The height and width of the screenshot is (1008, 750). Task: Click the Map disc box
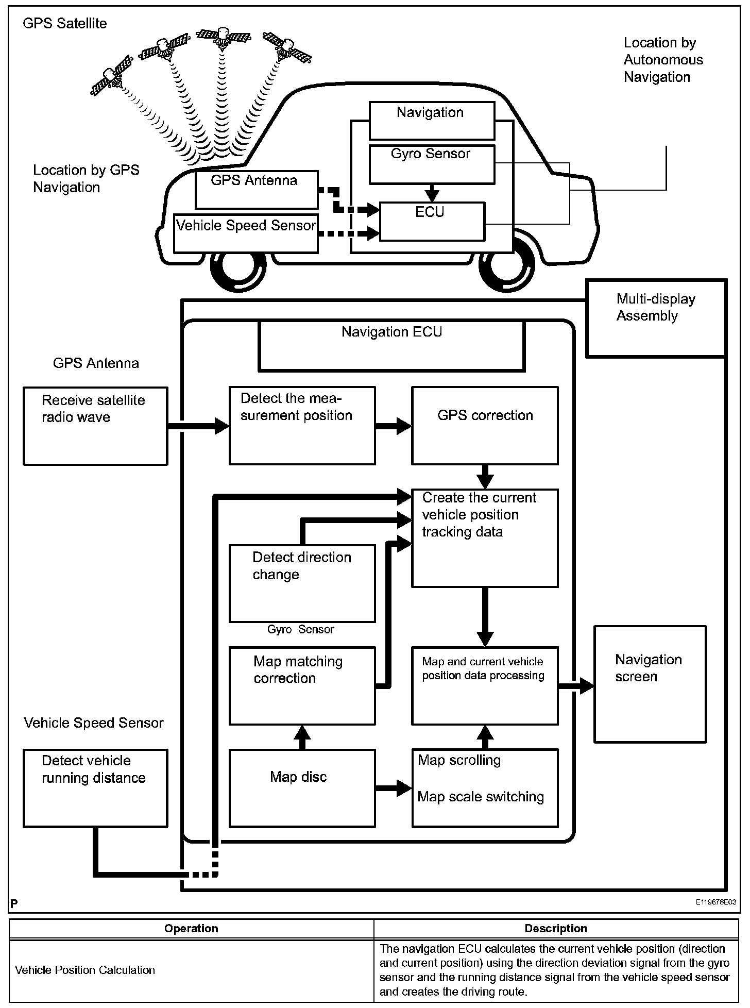302,788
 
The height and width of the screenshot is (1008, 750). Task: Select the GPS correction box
485,426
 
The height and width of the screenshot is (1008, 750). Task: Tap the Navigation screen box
650,684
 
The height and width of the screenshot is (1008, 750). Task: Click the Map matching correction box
302,686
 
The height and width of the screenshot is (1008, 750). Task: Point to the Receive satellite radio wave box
95,426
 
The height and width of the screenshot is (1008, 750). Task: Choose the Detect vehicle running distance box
95,788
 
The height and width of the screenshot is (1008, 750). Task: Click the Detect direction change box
302,583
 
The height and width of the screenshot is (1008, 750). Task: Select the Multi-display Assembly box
656,318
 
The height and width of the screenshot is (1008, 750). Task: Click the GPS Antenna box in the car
256,190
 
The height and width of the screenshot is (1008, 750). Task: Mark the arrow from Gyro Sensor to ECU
432,193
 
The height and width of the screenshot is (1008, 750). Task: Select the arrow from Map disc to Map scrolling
394,788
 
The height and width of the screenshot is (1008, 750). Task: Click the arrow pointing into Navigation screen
577,686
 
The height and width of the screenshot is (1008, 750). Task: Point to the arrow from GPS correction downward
485,477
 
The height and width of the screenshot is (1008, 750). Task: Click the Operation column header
191,928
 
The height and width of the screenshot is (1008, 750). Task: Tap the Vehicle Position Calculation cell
85,970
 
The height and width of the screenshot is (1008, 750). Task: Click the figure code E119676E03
715,902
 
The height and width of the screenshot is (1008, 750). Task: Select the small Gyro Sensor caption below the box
300,629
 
